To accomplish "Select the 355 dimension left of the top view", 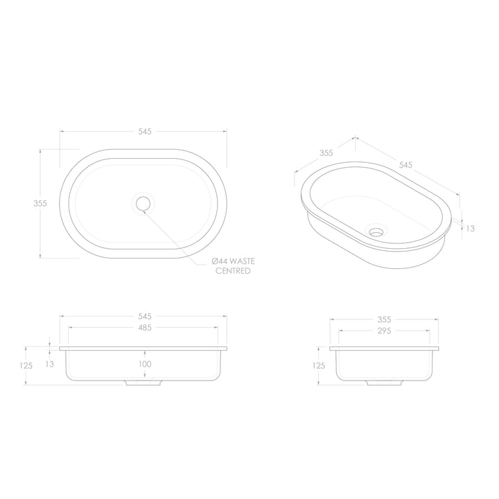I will pyautogui.click(x=40, y=203).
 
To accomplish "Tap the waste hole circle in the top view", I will pyautogui.click(x=143, y=203).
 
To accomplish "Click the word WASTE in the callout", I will pyautogui.click(x=243, y=261).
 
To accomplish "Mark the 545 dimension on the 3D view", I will pyautogui.click(x=406, y=165).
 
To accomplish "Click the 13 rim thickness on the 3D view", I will pyautogui.click(x=471, y=227).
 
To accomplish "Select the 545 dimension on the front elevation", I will pyautogui.click(x=144, y=317).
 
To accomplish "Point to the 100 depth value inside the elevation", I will pyautogui.click(x=144, y=364).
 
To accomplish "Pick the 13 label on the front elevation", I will pyautogui.click(x=49, y=363).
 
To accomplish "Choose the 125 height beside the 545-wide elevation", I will pyautogui.click(x=28, y=365).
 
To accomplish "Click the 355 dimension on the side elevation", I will pyautogui.click(x=384, y=319).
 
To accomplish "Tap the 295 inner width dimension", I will pyautogui.click(x=384, y=331).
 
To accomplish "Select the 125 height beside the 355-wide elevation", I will pyautogui.click(x=319, y=365).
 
